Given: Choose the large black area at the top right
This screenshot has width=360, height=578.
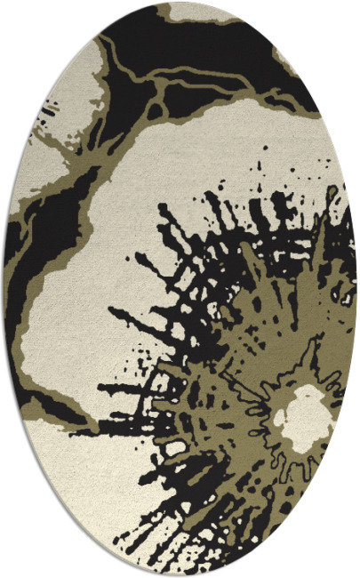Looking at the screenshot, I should pos(231,53).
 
